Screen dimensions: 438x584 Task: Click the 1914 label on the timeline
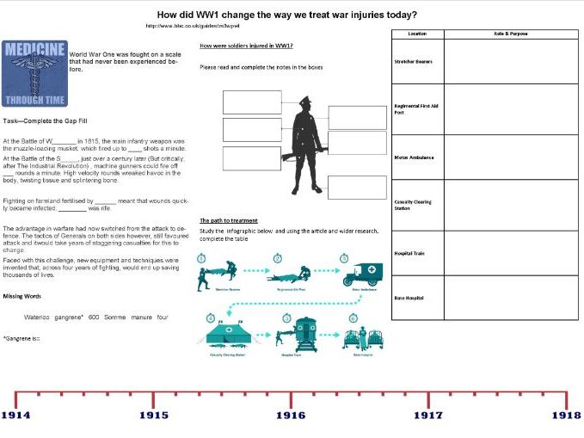click(x=15, y=415)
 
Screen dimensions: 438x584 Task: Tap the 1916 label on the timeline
click(x=290, y=415)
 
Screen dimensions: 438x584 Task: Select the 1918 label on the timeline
click(x=566, y=415)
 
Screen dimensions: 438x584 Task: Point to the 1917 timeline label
click(x=427, y=415)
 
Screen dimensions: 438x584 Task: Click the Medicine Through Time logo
click(x=34, y=74)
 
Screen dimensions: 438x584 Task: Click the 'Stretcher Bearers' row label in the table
click(x=413, y=62)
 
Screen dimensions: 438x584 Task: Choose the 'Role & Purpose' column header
click(x=511, y=34)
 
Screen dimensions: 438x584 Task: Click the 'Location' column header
click(x=417, y=34)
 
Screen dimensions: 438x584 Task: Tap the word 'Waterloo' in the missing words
click(x=38, y=317)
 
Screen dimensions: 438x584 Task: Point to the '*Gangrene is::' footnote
click(x=22, y=337)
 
